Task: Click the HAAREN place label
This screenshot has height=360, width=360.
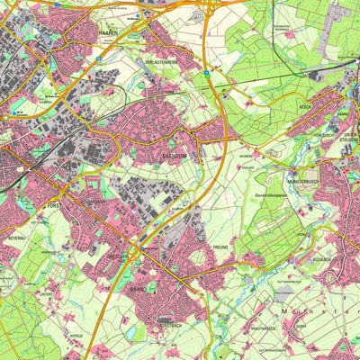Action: tap(107, 31)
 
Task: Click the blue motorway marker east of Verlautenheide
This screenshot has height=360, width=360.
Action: tap(205, 71)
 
